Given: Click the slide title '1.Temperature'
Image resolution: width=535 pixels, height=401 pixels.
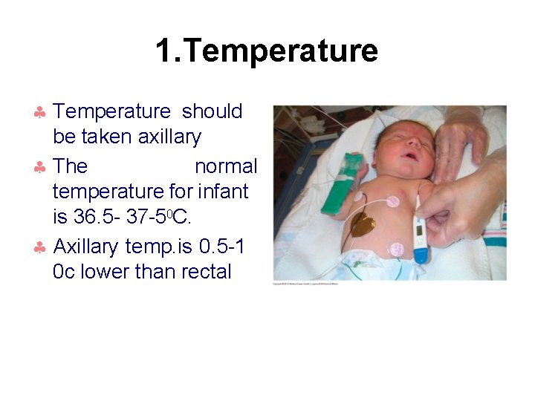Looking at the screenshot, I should (267, 50).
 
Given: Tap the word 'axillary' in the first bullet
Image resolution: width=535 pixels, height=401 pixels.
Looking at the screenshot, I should (169, 137).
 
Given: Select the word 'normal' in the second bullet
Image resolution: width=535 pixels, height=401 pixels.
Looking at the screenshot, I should (226, 166).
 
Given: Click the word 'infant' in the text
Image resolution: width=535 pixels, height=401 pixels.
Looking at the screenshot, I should (223, 192).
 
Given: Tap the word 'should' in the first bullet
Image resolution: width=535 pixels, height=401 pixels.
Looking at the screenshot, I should (213, 111).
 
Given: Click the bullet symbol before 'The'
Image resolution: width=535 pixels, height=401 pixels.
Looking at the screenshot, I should (41, 167).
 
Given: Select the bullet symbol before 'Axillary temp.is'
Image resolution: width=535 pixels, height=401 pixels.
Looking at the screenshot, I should (41, 247).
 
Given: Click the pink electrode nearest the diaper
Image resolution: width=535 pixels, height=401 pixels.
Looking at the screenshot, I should (398, 249).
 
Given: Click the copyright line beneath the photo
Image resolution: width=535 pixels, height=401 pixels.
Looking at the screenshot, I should (305, 284).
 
